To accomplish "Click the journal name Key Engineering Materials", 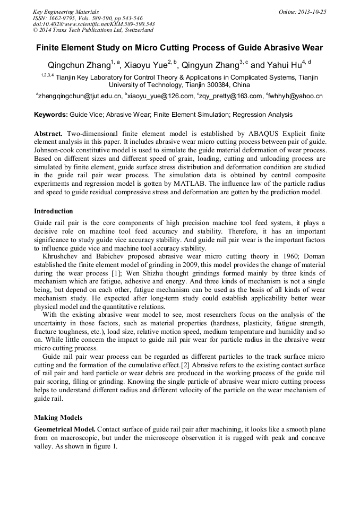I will pyautogui.click(x=66, y=12).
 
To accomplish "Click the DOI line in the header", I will pyautogui.click(x=93, y=24).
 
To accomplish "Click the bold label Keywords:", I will pyautogui.click(x=51, y=115).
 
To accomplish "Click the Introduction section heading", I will pyautogui.click(x=54, y=211).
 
